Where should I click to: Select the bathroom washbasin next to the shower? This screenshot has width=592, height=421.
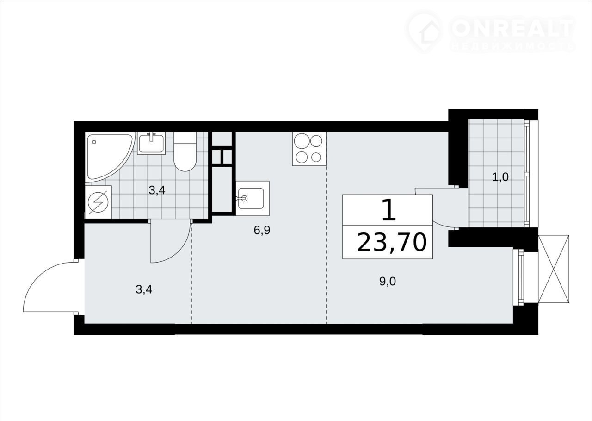[x=151, y=143]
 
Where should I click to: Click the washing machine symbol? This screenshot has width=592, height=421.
[x=98, y=202]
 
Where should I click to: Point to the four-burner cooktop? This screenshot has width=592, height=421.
[x=309, y=149]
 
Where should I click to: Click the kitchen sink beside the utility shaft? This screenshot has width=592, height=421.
[x=253, y=198]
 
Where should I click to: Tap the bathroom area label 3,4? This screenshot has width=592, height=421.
[x=157, y=190]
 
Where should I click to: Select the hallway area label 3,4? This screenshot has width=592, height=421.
[x=144, y=289]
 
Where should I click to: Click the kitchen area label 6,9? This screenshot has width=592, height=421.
[x=262, y=230]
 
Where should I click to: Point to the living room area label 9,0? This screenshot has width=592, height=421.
[x=388, y=282]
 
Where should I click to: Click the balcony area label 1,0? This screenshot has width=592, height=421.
[x=500, y=177]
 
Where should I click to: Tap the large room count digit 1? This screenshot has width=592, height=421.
[x=389, y=210]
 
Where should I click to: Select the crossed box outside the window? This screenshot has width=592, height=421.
[x=554, y=269]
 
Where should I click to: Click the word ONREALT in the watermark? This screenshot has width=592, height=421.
[x=512, y=29]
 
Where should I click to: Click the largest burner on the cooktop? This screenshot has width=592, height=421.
[x=302, y=141]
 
